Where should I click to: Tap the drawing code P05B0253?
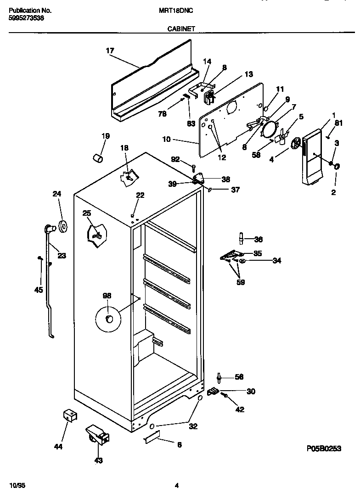coord(324,449)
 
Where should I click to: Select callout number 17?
coord(109,51)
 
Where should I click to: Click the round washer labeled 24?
coord(62,225)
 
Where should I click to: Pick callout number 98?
coord(107,296)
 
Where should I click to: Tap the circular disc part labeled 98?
coord(107,319)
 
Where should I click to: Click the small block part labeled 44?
coord(69,416)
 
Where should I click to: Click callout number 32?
coord(193,426)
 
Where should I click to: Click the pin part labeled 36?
coord(240,238)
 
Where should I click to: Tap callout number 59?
coord(240,282)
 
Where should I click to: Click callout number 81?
coord(338,123)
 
